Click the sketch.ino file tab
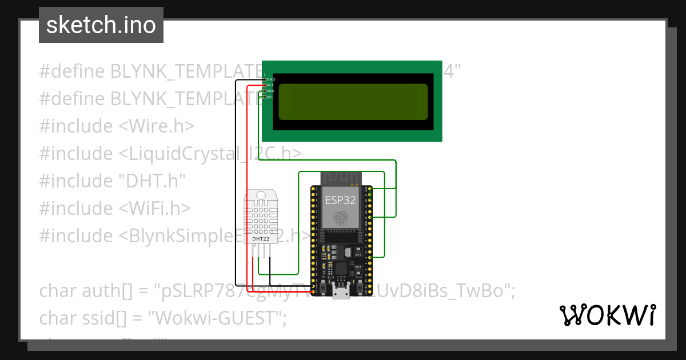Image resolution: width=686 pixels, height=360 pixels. coord(101,25)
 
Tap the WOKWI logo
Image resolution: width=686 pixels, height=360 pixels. coord(607,315)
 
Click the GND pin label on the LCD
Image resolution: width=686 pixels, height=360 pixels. coord(270,79)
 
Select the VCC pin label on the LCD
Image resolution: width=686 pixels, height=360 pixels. coord(270,85)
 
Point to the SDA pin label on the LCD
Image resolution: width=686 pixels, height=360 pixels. coord(270,91)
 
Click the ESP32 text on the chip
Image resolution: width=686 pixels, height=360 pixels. coord(341,200)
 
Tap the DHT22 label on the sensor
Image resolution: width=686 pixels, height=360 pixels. coord(261,238)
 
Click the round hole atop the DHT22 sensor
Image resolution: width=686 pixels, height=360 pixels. coord(261,195)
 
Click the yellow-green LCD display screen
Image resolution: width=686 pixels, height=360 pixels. coord(352,102)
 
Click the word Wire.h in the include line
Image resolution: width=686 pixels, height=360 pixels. coord(163,126)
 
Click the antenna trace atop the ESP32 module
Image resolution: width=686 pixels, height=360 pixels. coord(341,178)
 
